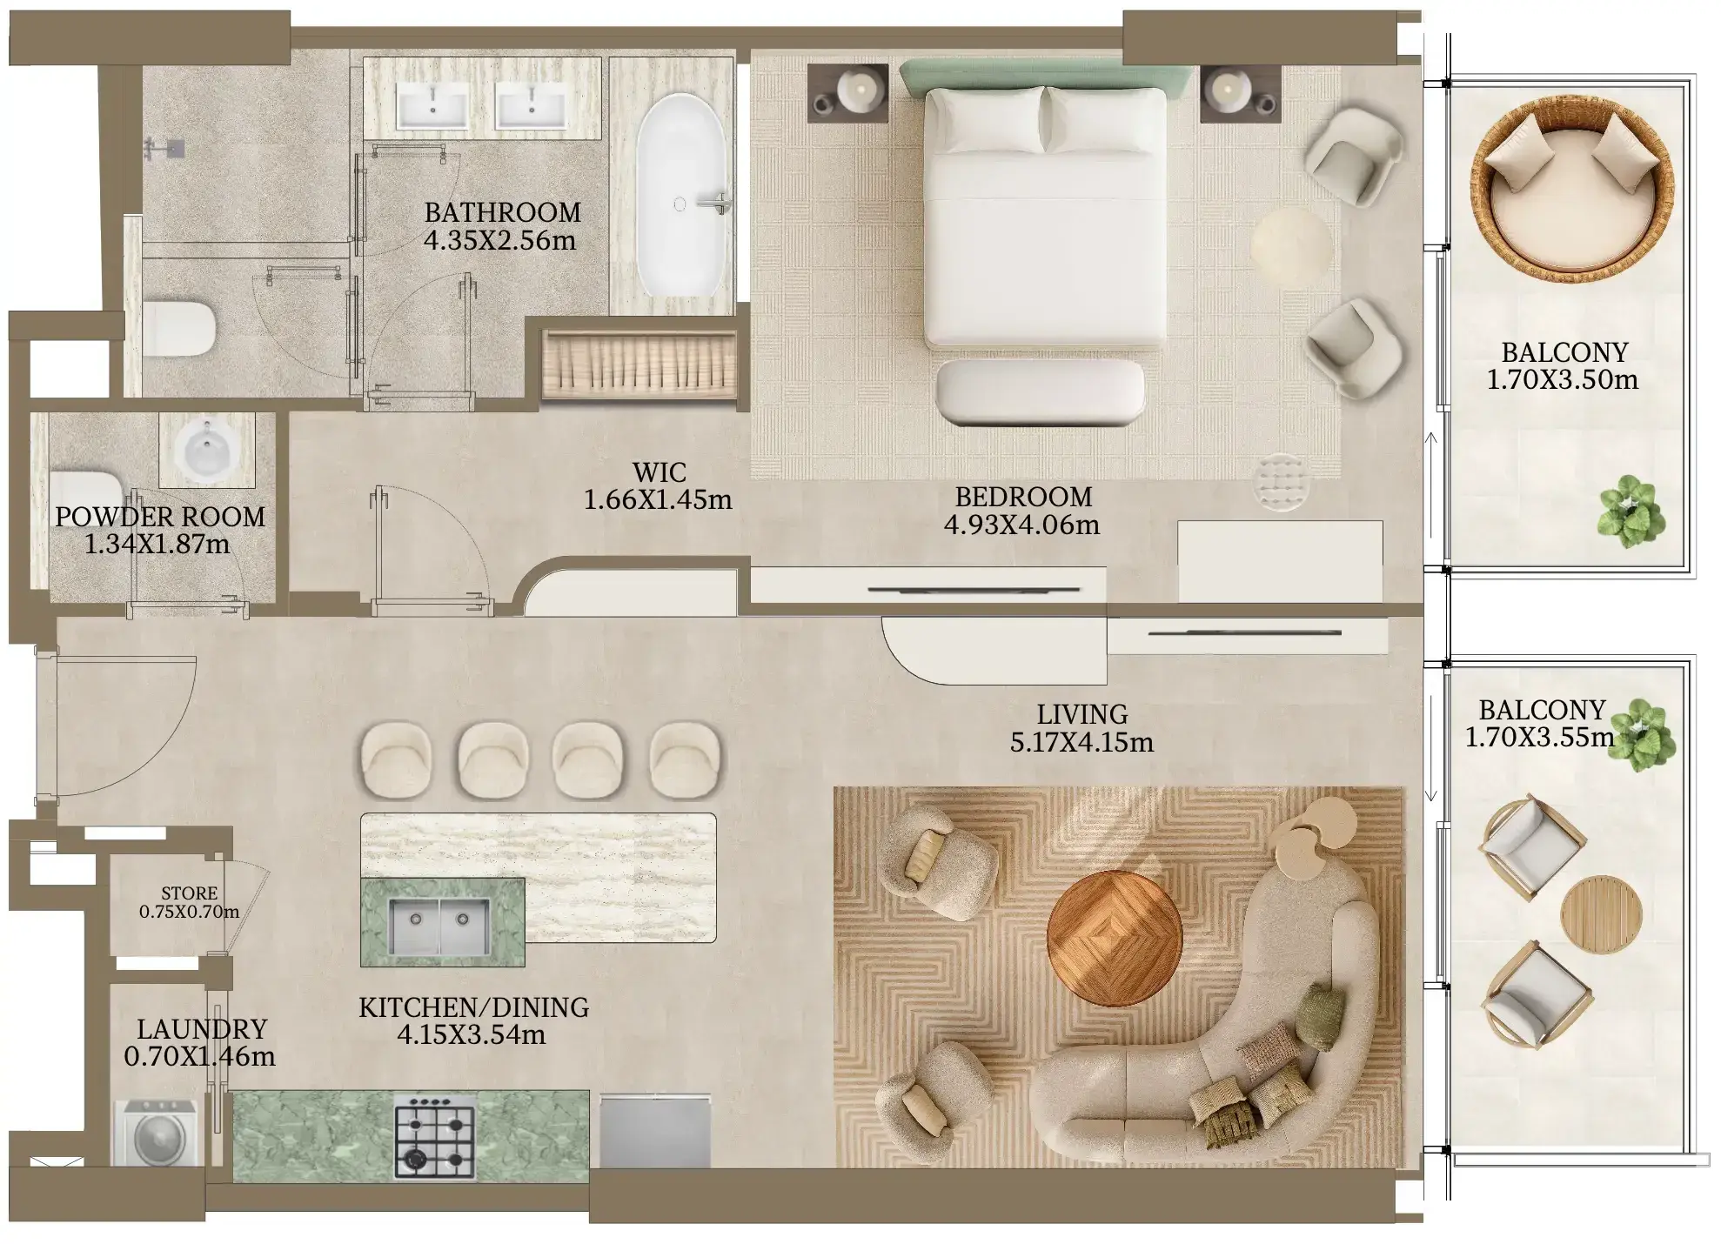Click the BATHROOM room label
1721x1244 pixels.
[502, 212]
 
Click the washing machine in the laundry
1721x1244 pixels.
[157, 1134]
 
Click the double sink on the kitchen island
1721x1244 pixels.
[439, 926]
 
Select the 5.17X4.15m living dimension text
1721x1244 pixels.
[1081, 742]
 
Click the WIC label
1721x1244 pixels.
[660, 472]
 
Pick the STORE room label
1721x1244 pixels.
[190, 893]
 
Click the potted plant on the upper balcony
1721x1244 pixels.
[1631, 512]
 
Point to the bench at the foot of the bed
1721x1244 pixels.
[1040, 393]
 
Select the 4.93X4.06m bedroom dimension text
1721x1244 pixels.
[1021, 525]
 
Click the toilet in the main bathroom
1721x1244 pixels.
[178, 329]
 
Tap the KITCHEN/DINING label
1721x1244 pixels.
[474, 1007]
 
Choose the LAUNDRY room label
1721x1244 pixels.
[202, 1029]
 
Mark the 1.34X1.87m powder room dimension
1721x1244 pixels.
[157, 545]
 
